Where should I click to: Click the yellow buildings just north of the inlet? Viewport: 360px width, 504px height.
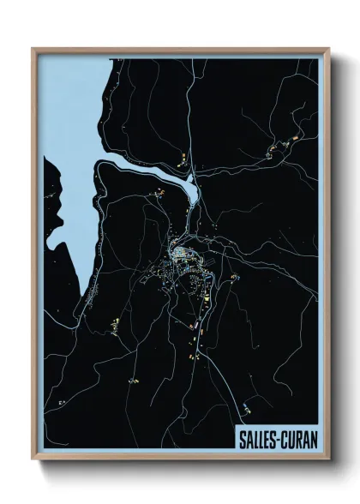point(184,159)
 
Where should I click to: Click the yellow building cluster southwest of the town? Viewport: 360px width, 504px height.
point(111,323)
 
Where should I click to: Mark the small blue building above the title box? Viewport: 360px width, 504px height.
point(247,406)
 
